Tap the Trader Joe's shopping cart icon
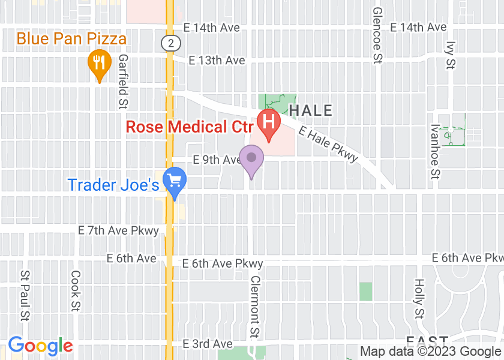coord(175,181)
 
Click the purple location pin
coord(251,159)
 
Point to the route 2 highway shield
coord(171,43)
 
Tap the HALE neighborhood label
coord(311,110)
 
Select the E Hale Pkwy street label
coord(328,145)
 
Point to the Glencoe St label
coord(377,35)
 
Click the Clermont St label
coord(255,307)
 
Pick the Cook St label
coord(76,291)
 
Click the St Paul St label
coord(25,295)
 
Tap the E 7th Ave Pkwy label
coord(119,230)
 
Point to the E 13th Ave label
coord(217,61)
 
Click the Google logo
coord(40,346)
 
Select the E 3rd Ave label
coord(208,344)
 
